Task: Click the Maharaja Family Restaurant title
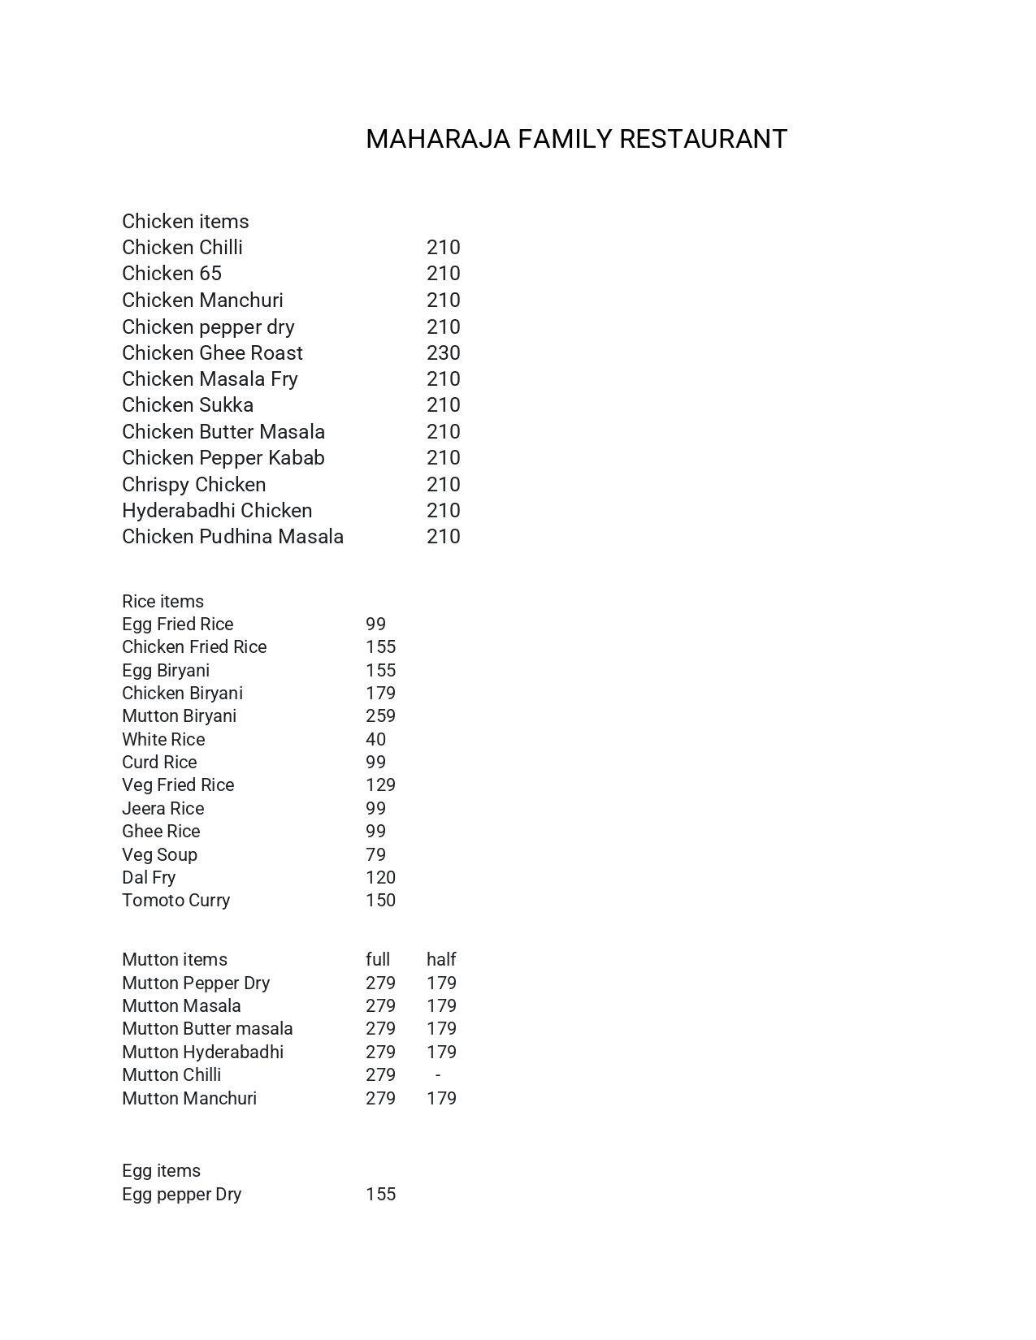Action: pyautogui.click(x=576, y=139)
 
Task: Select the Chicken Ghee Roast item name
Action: pyautogui.click(x=212, y=352)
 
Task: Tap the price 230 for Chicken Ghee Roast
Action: pyautogui.click(x=443, y=352)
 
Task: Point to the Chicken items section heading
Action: pyautogui.click(x=185, y=221)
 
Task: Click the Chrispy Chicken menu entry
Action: pyautogui.click(x=193, y=484)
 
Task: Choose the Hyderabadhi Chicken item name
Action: pyautogui.click(x=217, y=510)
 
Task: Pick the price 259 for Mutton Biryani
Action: pyautogui.click(x=380, y=715)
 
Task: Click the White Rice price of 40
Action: pyautogui.click(x=375, y=739)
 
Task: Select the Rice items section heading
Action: pyautogui.click(x=163, y=601)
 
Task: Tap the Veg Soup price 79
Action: pyautogui.click(x=375, y=854)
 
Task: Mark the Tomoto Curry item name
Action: pyautogui.click(x=176, y=900)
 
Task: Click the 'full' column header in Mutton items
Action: pyautogui.click(x=378, y=959)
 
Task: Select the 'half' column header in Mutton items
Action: pyautogui.click(x=441, y=959)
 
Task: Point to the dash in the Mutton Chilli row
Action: pyautogui.click(x=438, y=1074)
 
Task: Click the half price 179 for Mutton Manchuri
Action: pyautogui.click(x=441, y=1098)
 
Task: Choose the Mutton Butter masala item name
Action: pyautogui.click(x=207, y=1028)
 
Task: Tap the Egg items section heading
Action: pyautogui.click(x=161, y=1170)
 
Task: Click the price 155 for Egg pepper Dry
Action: pyautogui.click(x=380, y=1194)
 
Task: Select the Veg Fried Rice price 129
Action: pyautogui.click(x=380, y=785)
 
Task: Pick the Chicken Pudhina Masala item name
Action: pyautogui.click(x=232, y=536)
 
